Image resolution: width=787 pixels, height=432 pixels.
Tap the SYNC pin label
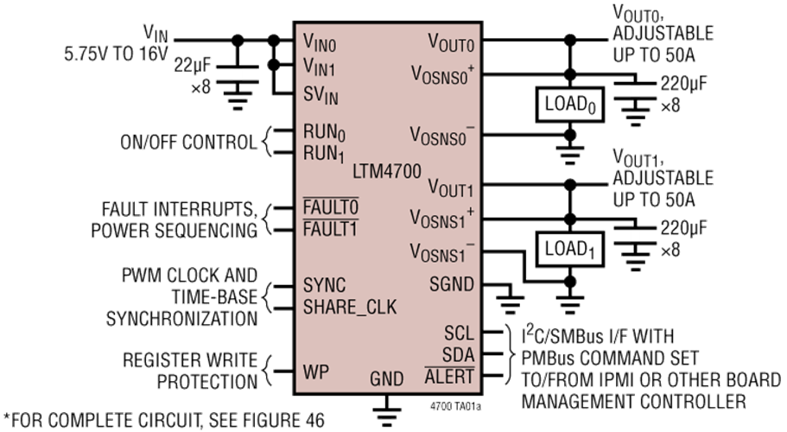click(x=324, y=285)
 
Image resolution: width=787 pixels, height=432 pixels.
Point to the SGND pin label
click(x=452, y=284)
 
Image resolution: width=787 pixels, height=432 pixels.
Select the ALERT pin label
click(x=449, y=377)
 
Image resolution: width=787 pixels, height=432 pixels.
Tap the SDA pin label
click(x=458, y=355)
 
